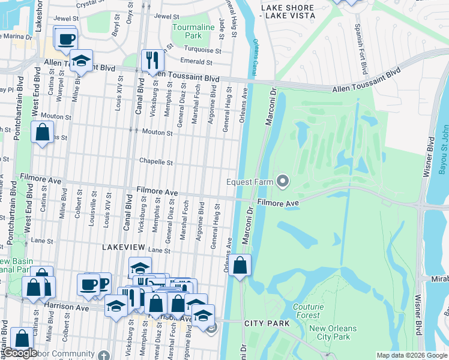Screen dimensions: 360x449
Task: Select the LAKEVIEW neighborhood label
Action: tap(123, 247)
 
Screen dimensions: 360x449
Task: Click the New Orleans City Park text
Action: tap(333, 332)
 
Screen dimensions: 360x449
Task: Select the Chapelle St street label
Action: tap(156, 162)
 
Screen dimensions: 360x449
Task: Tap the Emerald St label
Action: tap(197, 62)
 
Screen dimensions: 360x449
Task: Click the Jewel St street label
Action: tap(166, 17)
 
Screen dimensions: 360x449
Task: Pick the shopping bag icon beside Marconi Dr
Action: tap(240, 265)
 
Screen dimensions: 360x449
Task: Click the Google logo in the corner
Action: tap(20, 353)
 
